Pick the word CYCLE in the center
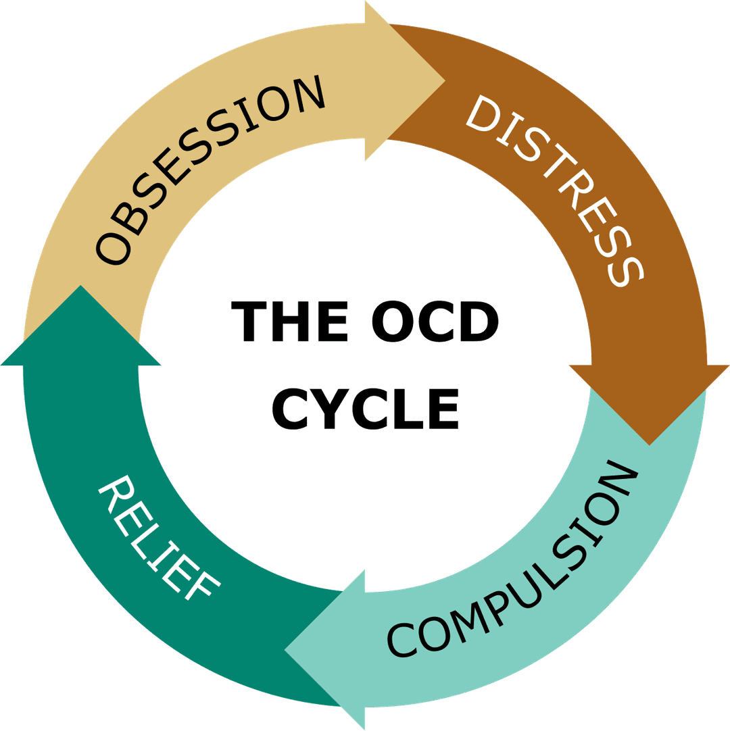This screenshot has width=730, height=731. click(366, 409)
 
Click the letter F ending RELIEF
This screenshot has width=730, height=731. click(202, 585)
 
